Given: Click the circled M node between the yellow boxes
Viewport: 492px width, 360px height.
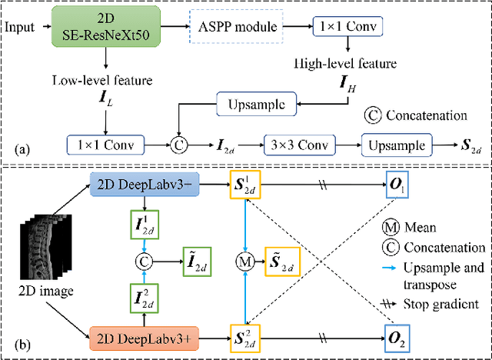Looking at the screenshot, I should pos(245,261).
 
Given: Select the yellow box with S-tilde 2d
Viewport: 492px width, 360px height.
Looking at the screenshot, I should pos(284,260).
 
